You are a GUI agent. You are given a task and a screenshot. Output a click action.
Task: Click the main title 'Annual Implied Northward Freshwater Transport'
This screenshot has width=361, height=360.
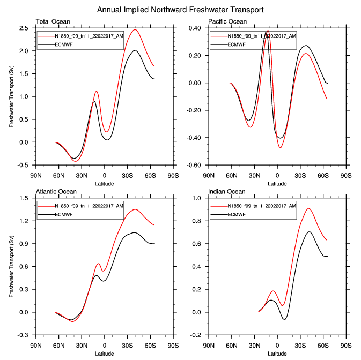[x=180, y=10]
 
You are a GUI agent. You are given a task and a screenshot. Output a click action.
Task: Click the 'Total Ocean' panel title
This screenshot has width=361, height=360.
[x=53, y=21]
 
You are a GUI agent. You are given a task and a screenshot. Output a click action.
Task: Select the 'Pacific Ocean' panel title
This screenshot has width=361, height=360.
[x=229, y=21]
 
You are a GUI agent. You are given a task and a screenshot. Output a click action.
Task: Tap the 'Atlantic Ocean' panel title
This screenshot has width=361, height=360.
[x=56, y=191]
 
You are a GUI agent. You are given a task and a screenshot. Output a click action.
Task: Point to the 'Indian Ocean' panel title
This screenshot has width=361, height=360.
[x=227, y=191]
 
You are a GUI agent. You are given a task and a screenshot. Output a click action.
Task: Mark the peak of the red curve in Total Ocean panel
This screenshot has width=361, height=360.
[x=135, y=30]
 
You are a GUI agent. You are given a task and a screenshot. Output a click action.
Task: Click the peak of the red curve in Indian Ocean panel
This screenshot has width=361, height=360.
[x=308, y=208]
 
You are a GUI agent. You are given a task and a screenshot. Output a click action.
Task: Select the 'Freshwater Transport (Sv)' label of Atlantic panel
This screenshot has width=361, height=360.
[x=11, y=267]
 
